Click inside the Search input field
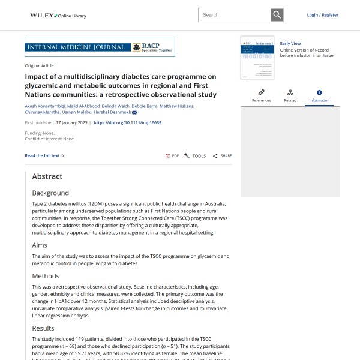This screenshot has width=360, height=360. click(234, 15)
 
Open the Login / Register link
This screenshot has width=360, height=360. click(322, 15)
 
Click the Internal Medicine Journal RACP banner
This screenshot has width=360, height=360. click(99, 47)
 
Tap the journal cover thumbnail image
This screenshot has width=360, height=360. click(257, 58)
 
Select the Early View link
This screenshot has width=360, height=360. click(290, 43)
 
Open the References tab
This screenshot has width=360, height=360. click(261, 95)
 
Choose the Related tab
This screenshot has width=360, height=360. click(290, 95)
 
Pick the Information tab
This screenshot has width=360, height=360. click(319, 95)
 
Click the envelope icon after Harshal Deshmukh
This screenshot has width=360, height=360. click(134, 113)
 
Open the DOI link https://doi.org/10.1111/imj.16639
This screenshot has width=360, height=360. click(128, 122)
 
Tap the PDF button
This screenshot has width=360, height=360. click(172, 156)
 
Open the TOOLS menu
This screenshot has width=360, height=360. click(195, 156)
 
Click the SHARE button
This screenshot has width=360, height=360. click(222, 156)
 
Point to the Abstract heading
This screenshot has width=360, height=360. click(47, 176)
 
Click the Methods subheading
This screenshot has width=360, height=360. click(46, 276)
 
